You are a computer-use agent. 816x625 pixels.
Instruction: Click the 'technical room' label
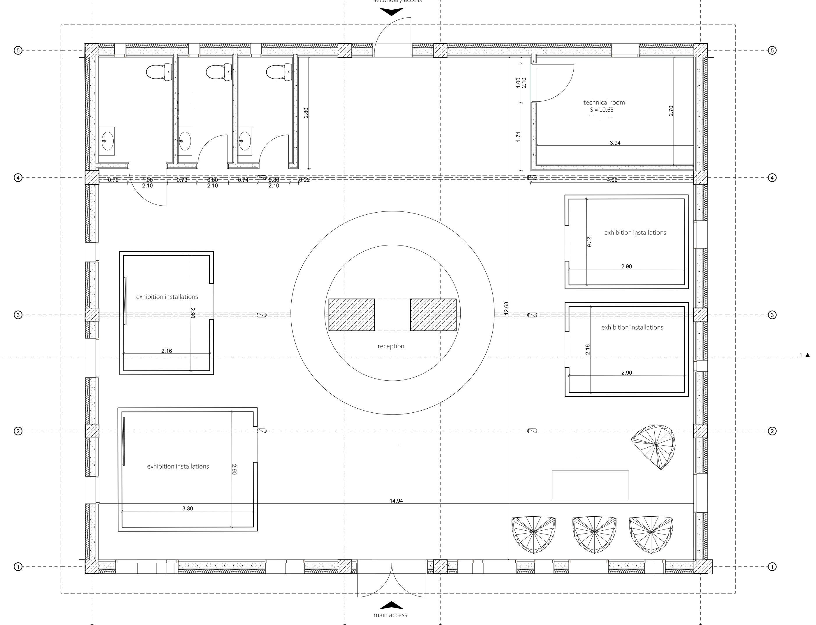[x=604, y=102]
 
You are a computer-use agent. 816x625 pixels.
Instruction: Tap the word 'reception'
[x=391, y=346]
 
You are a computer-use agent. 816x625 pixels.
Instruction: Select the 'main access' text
[x=390, y=615]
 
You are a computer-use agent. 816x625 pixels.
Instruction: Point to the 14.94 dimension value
[x=396, y=501]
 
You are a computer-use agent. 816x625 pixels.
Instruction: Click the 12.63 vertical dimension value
[x=506, y=309]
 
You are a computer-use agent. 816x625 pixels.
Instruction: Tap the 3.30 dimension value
[x=188, y=508]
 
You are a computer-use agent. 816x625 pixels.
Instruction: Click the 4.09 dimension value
[x=612, y=180]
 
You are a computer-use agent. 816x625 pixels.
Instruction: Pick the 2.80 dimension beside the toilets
[x=306, y=113]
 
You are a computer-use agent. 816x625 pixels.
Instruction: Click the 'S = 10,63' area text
[x=602, y=110]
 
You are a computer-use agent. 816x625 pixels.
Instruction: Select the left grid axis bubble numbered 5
[x=18, y=50]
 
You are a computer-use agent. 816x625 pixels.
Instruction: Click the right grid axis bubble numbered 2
[x=772, y=431]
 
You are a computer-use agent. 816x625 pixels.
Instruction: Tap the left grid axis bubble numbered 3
[x=18, y=315]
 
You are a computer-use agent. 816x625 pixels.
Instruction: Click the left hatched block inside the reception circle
[x=352, y=315]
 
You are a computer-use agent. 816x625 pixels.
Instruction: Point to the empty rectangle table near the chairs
[x=590, y=485]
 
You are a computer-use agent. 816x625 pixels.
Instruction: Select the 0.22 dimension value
[x=304, y=180]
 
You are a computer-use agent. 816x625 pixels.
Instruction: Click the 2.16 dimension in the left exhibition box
[x=167, y=351]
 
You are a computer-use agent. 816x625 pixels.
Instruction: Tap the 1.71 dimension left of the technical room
[x=518, y=137]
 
